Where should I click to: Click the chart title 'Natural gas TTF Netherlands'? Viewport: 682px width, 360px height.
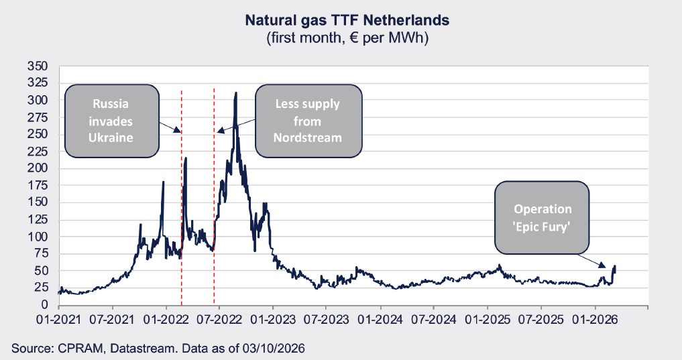tap(347, 21)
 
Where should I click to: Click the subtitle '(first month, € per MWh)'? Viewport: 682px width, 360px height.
tap(347, 38)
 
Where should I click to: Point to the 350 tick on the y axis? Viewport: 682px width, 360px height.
tap(38, 66)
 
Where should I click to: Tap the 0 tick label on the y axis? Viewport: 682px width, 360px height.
tap(44, 305)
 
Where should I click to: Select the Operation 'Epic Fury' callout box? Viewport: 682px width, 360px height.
tap(542, 217)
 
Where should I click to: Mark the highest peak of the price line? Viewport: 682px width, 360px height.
tap(235, 93)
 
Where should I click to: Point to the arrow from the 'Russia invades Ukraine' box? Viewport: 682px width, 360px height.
tap(170, 126)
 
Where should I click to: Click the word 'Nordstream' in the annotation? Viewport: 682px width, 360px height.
tap(308, 137)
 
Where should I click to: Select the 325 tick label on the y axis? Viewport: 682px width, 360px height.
tap(38, 83)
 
